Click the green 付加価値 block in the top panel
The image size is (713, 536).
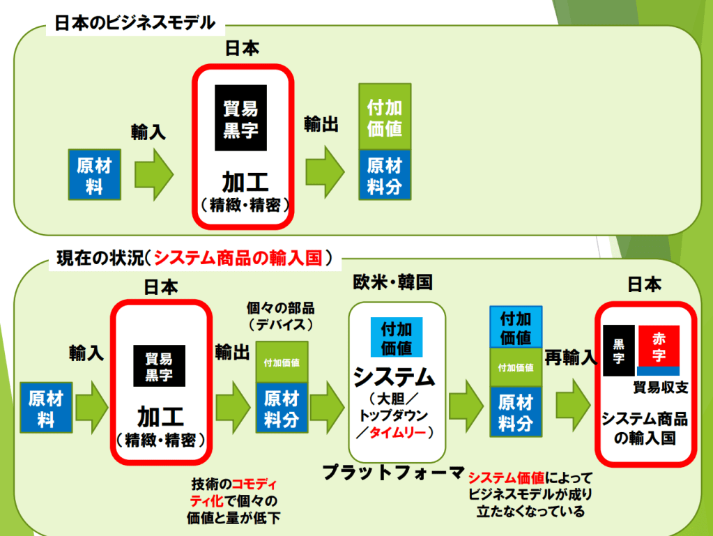point(385,117)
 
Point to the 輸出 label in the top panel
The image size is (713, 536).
point(321,124)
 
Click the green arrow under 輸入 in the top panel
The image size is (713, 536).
point(153,174)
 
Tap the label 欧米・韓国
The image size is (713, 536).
point(393,282)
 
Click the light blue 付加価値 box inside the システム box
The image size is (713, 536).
point(396,337)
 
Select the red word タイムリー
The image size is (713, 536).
point(401,433)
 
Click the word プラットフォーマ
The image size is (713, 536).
point(393,473)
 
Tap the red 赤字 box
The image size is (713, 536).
point(659,346)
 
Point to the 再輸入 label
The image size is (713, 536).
point(571,358)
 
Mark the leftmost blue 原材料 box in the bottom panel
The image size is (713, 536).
point(46,408)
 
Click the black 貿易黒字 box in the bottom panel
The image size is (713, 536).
point(160,367)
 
